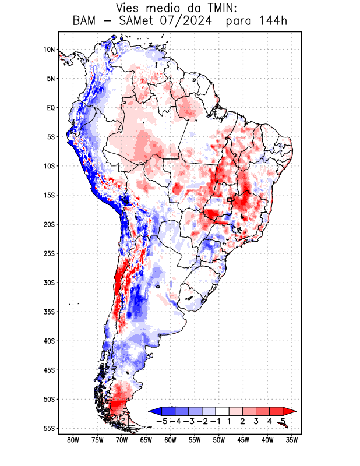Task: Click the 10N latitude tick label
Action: pos(49,50)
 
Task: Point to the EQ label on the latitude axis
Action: pos(50,108)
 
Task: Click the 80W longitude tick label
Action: pos(73,440)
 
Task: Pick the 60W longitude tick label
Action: pos(170,440)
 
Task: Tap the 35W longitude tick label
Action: pos(292,440)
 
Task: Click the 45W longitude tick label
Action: pos(243,440)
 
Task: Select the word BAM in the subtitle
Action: pos(85,22)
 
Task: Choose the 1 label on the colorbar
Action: pos(230,421)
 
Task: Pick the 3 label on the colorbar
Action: pos(256,421)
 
